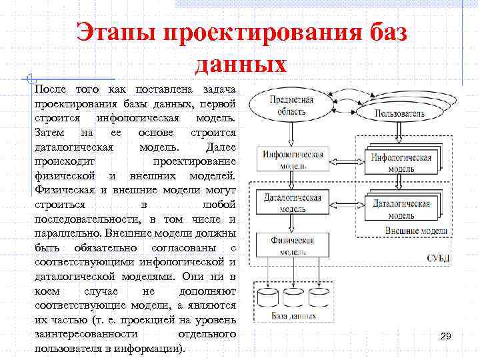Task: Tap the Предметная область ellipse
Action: (x=291, y=105)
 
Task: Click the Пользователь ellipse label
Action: (x=399, y=113)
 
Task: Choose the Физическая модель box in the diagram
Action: (x=292, y=245)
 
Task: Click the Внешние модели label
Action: (x=416, y=231)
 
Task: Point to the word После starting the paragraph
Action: (x=50, y=89)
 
